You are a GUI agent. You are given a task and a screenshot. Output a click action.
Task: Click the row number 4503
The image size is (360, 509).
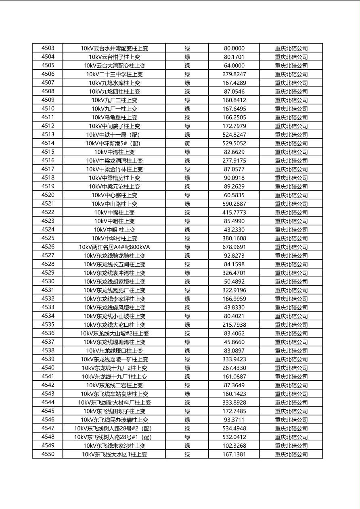click(48, 48)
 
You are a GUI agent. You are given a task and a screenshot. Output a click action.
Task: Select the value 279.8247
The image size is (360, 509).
click(234, 74)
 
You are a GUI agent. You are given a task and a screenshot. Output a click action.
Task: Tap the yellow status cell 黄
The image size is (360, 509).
click(187, 143)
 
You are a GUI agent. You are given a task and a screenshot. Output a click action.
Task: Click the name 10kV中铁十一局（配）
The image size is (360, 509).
click(114, 135)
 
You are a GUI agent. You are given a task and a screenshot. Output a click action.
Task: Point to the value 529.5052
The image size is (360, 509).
click(234, 143)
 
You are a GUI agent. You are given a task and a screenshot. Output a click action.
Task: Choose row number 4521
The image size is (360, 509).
click(48, 204)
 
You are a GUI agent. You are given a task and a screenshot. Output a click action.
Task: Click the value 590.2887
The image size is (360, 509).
click(234, 204)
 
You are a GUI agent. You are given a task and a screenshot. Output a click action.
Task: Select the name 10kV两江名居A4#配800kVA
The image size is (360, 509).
click(114, 247)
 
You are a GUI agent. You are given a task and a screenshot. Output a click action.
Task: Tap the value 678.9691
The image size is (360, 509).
click(234, 247)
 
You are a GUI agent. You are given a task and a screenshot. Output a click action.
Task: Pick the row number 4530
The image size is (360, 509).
click(48, 282)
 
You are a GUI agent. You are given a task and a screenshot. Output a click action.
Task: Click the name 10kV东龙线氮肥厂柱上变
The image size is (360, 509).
click(114, 290)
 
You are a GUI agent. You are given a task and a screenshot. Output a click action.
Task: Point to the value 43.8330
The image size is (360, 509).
click(234, 307)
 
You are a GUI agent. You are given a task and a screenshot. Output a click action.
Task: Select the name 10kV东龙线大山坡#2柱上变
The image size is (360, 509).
click(114, 333)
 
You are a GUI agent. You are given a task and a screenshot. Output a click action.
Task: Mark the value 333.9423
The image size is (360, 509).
click(234, 359)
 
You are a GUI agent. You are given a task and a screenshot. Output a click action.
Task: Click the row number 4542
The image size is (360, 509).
click(48, 385)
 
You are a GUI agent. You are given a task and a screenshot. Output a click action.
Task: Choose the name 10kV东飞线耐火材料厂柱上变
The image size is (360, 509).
click(114, 403)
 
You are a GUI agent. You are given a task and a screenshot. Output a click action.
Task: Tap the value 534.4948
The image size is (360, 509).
click(234, 428)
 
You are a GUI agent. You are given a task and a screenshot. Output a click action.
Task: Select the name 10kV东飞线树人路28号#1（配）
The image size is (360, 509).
click(114, 437)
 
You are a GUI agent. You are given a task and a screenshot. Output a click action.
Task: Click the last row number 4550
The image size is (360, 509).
click(48, 454)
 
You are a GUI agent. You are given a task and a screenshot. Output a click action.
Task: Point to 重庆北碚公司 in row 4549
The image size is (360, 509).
click(291, 446)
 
